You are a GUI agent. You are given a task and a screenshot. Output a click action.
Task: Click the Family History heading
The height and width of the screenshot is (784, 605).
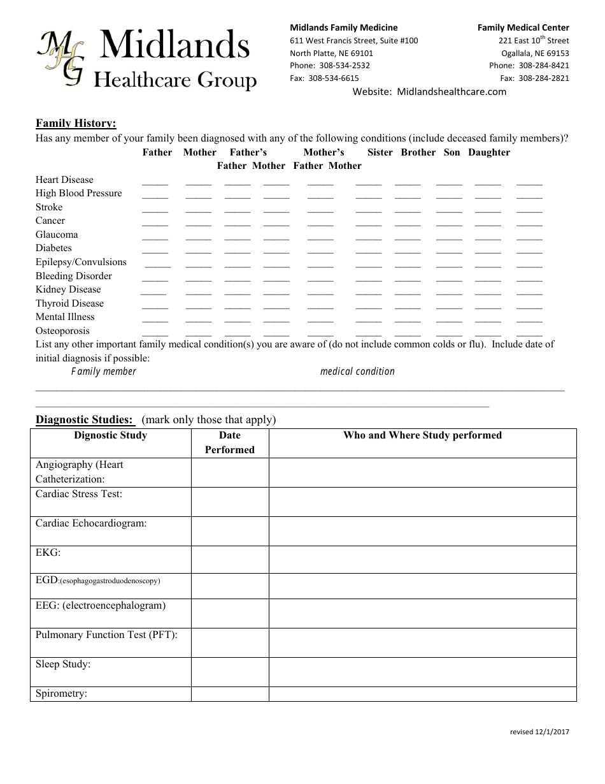(76, 123)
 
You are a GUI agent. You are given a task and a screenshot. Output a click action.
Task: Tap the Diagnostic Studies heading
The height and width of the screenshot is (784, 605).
(84, 419)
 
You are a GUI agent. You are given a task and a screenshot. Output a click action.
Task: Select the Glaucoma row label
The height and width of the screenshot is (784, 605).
(57, 235)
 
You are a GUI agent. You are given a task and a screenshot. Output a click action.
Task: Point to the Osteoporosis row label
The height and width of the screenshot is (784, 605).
(62, 331)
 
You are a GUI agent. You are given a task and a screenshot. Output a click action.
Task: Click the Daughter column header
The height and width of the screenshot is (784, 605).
(488, 152)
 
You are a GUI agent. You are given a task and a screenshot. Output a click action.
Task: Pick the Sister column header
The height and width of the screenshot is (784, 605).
(380, 152)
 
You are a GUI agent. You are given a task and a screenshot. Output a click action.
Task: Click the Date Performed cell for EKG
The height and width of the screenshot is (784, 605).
(230, 560)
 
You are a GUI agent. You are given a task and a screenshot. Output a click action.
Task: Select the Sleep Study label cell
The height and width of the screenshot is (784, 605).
(110, 672)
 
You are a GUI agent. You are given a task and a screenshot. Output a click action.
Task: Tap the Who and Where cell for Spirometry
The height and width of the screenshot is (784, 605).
(422, 694)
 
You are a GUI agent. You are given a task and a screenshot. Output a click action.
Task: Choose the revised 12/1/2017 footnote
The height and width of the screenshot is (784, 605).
(539, 732)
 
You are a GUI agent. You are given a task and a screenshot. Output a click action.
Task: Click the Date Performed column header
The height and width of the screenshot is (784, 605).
(230, 442)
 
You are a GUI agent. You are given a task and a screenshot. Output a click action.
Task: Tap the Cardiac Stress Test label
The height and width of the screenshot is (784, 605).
(79, 494)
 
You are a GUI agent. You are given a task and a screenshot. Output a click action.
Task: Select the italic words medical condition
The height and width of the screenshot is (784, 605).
(357, 371)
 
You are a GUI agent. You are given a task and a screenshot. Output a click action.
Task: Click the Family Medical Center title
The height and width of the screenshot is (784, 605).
(523, 27)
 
